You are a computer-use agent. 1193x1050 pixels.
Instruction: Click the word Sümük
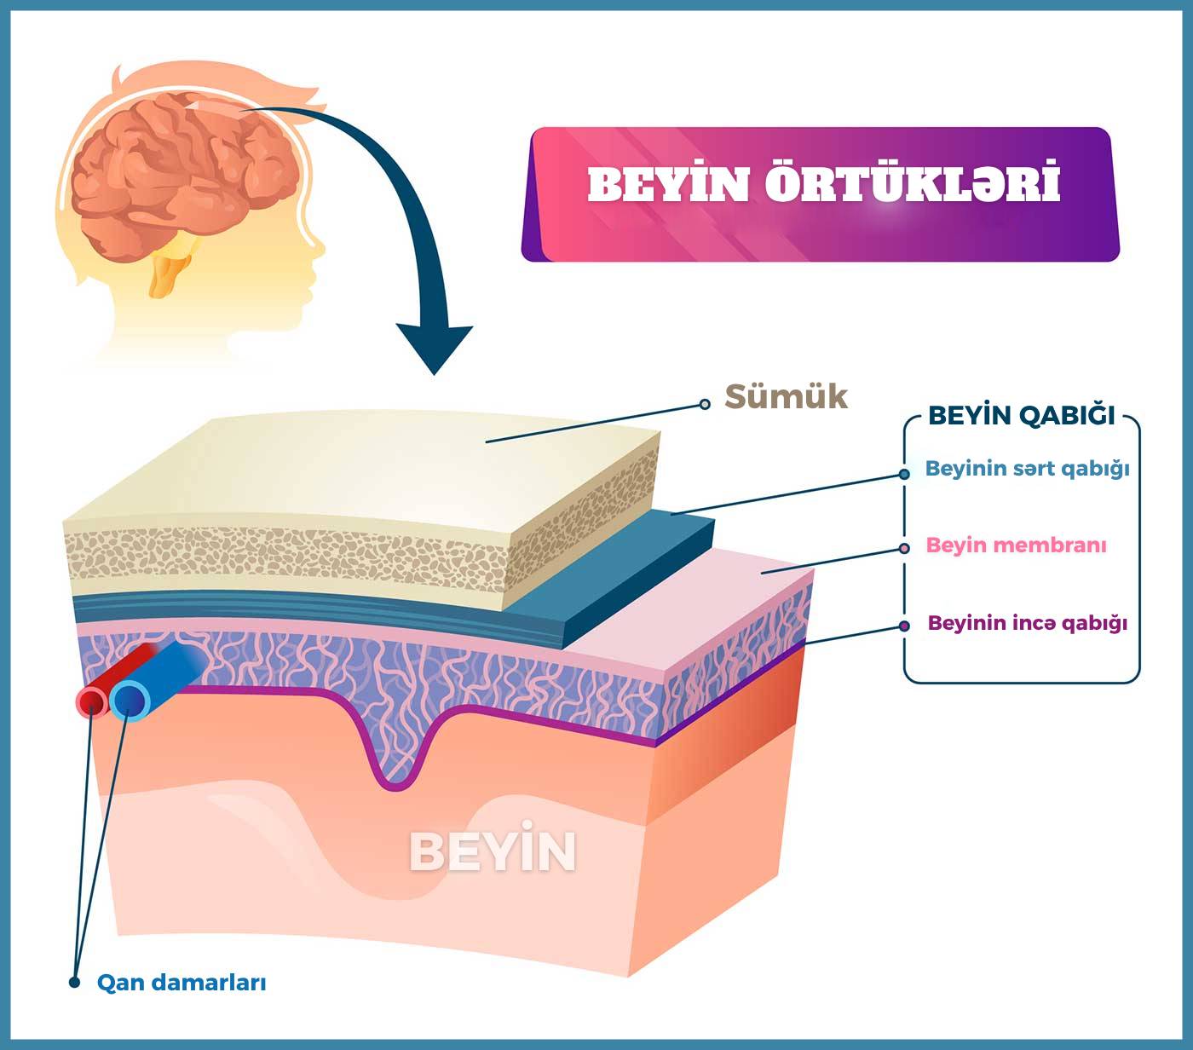coord(786,397)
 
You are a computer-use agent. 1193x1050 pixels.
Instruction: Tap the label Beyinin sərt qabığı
coord(1028,469)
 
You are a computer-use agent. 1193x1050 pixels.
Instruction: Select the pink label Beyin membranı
coord(1017,545)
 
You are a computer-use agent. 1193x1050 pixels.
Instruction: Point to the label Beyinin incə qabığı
coord(1028,623)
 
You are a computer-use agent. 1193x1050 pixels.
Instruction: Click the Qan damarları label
coord(182,983)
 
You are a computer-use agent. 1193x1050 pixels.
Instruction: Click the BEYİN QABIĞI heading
coord(1022,415)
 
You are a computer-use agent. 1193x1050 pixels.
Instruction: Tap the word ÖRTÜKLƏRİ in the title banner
coord(913,183)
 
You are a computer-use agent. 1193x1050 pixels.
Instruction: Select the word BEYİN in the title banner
coord(668,184)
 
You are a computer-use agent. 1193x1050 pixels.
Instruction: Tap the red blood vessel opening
coord(91,702)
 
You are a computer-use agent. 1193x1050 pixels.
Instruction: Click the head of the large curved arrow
coord(435,349)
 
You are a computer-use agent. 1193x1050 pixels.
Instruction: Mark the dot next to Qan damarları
coord(74,983)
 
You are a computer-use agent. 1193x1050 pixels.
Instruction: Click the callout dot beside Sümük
coord(705,404)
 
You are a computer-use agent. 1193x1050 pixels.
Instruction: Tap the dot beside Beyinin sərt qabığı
coord(904,475)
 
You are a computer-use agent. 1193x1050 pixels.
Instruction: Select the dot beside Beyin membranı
coord(904,549)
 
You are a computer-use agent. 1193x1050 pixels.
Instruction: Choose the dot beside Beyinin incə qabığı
coord(904,626)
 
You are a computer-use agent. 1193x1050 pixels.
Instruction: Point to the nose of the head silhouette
coord(319,247)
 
